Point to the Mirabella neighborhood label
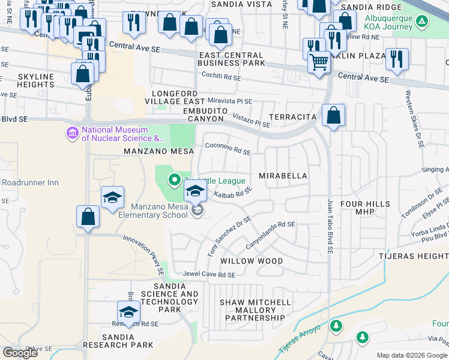click(x=283, y=176)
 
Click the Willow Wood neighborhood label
click(x=251, y=261)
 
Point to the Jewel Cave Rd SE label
click(x=209, y=275)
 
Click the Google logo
click(x=20, y=353)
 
